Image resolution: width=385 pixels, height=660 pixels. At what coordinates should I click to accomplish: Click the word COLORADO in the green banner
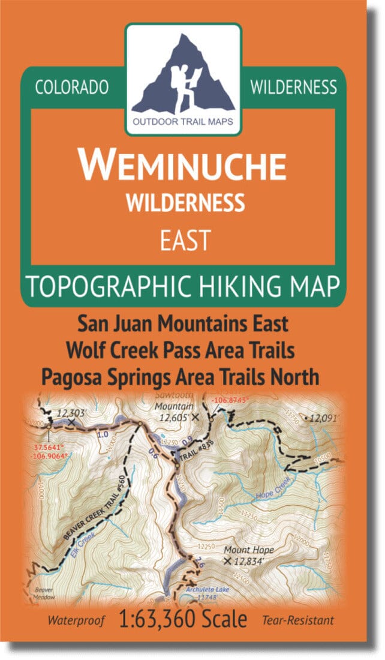(72, 88)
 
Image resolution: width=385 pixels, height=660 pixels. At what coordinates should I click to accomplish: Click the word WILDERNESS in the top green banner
(293, 88)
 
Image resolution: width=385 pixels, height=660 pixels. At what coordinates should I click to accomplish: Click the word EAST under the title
(185, 240)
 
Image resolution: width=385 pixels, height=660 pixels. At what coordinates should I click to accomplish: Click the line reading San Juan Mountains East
(183, 325)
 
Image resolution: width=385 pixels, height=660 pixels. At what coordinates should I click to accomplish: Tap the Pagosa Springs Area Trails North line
(180, 377)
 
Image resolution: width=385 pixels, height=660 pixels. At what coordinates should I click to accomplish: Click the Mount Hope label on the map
(248, 550)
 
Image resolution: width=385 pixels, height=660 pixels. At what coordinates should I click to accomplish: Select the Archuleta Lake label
(207, 589)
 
